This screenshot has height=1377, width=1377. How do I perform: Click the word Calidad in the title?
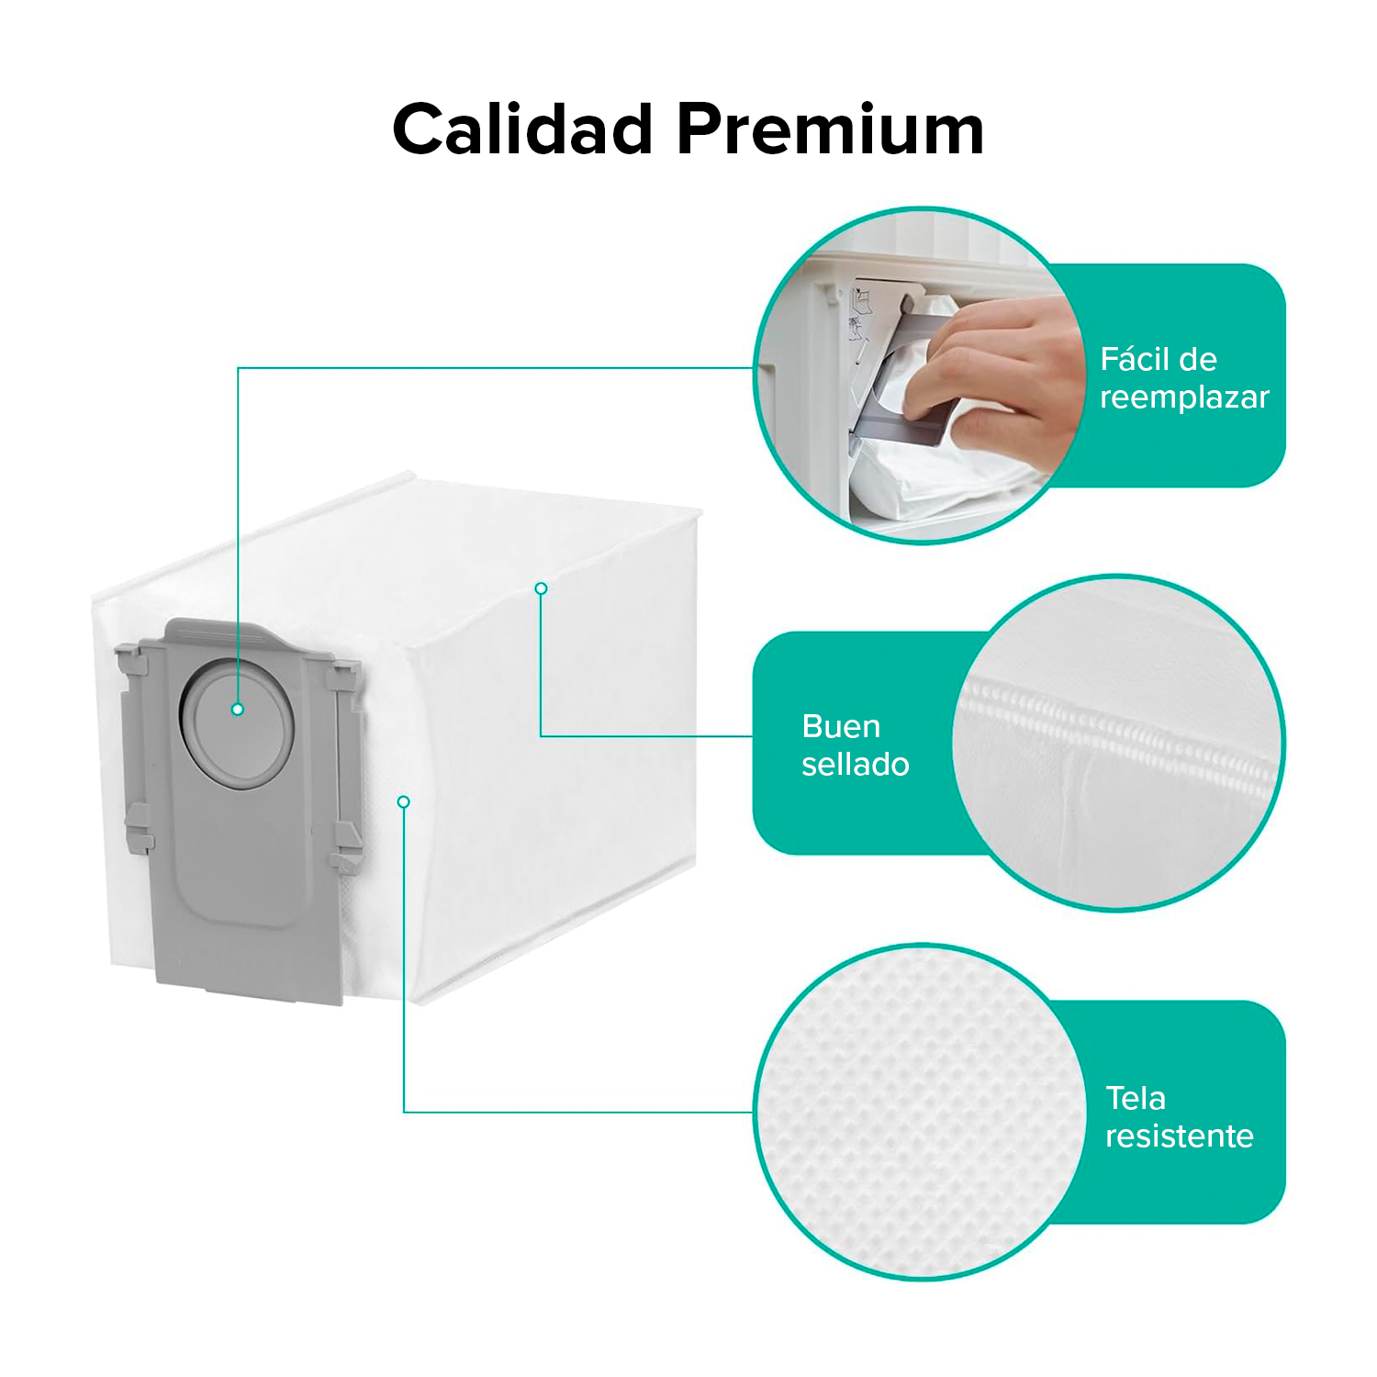[522, 129]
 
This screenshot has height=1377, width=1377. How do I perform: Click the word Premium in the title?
[831, 129]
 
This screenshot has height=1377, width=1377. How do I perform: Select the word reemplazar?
[1184, 397]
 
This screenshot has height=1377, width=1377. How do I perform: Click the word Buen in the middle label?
[841, 726]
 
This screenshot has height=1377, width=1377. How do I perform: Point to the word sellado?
[855, 764]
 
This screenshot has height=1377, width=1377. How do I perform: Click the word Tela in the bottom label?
[1136, 1098]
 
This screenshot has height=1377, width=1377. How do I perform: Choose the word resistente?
[1180, 1136]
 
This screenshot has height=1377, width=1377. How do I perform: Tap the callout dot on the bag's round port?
[238, 710]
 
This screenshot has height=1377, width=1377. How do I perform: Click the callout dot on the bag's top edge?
[542, 588]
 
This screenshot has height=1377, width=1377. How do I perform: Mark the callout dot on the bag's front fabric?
[403, 802]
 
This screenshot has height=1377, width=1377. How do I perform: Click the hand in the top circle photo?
[991, 376]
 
